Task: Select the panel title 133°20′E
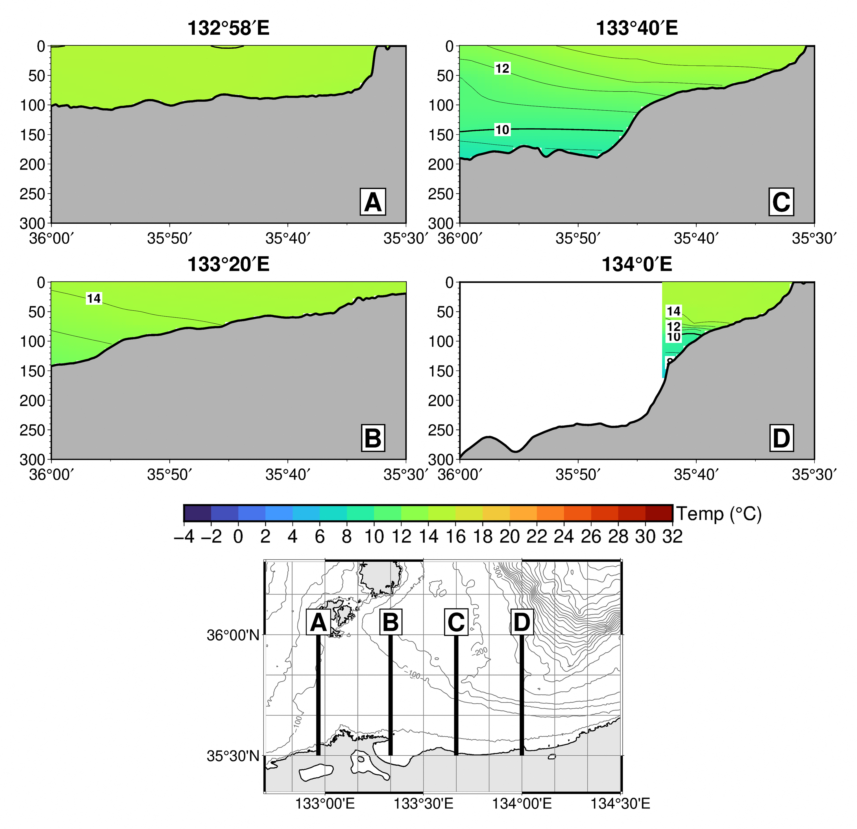click(x=228, y=264)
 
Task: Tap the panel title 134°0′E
click(x=637, y=264)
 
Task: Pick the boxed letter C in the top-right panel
click(x=781, y=202)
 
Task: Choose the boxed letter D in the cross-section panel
click(x=781, y=438)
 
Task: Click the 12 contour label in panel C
click(x=502, y=69)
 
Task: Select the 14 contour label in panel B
click(x=93, y=299)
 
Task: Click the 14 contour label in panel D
click(x=673, y=311)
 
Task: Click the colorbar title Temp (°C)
click(x=719, y=514)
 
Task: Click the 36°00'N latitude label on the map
click(x=233, y=635)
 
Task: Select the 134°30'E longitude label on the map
click(x=620, y=804)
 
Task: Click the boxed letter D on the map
click(x=522, y=622)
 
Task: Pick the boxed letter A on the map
click(x=318, y=622)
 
